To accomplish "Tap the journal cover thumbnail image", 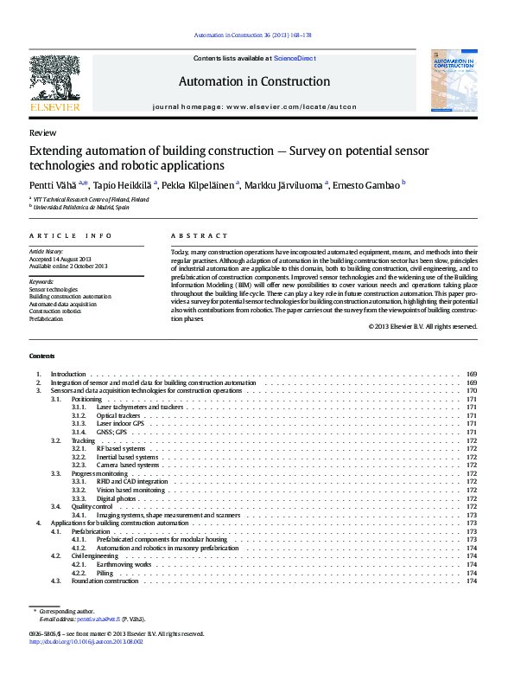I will click(x=454, y=80).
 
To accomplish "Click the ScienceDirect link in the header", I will click(x=295, y=58).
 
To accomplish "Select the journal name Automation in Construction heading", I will click(x=254, y=82).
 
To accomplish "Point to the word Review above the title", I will click(x=42, y=133).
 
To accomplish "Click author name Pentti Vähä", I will click(x=54, y=185).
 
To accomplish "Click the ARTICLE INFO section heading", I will click(x=70, y=235).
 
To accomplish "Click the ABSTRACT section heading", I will click(x=199, y=235).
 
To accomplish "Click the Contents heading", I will click(x=41, y=356).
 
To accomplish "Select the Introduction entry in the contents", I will click(x=68, y=374).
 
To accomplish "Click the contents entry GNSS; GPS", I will click(x=111, y=431).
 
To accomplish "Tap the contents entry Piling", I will click(x=105, y=573).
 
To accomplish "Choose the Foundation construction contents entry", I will click(x=105, y=581).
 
